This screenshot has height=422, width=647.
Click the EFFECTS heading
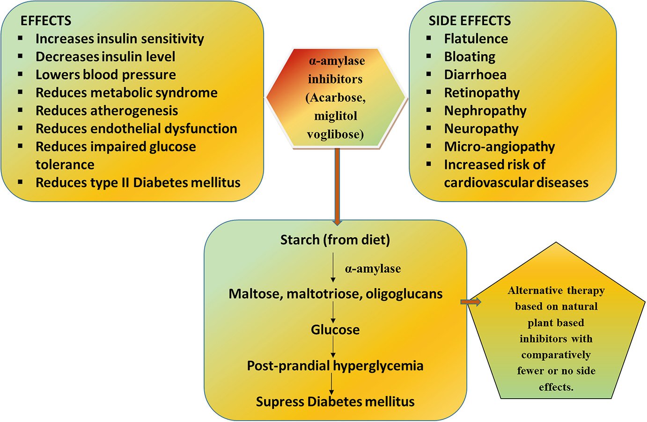tap(46, 21)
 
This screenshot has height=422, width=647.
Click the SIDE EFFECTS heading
tap(470, 21)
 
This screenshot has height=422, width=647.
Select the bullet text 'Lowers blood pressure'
tap(106, 75)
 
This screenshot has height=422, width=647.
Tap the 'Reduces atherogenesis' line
tap(107, 111)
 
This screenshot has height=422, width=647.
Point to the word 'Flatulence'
tap(476, 39)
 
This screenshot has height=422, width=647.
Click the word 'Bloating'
tap(470, 57)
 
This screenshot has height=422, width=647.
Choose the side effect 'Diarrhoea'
tap(475, 75)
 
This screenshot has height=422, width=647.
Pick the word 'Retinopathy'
tap(482, 93)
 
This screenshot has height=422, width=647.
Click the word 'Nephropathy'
tap(485, 111)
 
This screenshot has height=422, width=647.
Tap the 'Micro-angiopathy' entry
tap(499, 147)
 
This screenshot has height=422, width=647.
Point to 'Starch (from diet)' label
tap(335, 240)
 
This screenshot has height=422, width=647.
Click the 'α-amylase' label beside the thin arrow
tap(373, 269)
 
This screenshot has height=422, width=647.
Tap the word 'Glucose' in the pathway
tap(335, 330)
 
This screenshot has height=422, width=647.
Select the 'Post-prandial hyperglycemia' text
tap(335, 366)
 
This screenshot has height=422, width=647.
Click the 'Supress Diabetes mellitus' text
tap(335, 402)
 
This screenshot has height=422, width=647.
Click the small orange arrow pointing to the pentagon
tap(471, 302)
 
